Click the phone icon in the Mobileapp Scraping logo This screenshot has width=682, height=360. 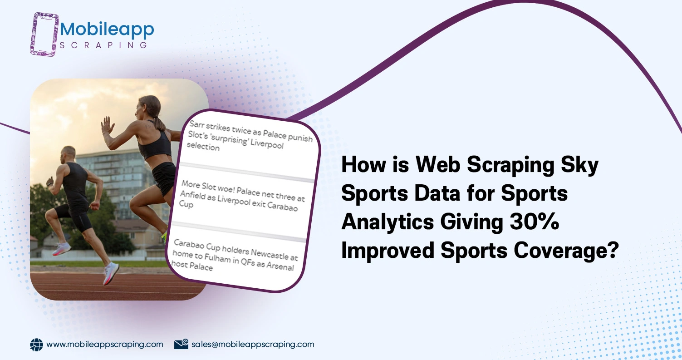(x=45, y=34)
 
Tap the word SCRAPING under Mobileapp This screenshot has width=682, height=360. (x=104, y=45)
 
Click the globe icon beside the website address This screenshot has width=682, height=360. (x=36, y=345)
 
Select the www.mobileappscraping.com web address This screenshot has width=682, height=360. (x=105, y=344)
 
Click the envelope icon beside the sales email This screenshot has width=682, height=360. (x=181, y=344)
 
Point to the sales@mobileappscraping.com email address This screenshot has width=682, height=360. (x=253, y=344)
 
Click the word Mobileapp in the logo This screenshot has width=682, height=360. (x=107, y=30)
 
